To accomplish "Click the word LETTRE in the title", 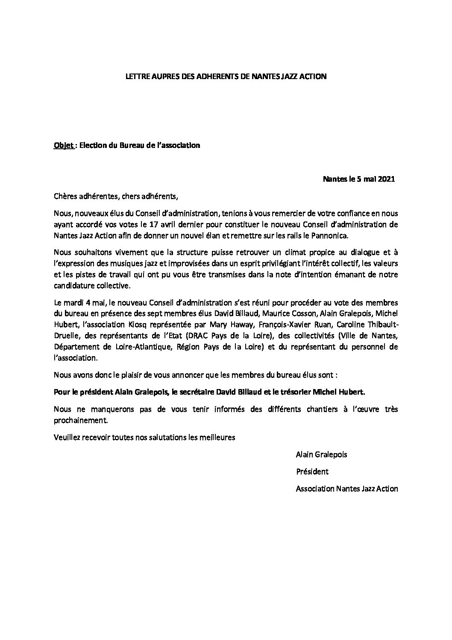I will coord(135,77).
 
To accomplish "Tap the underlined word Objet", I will coord(62,145).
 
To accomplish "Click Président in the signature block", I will coord(312,472).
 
